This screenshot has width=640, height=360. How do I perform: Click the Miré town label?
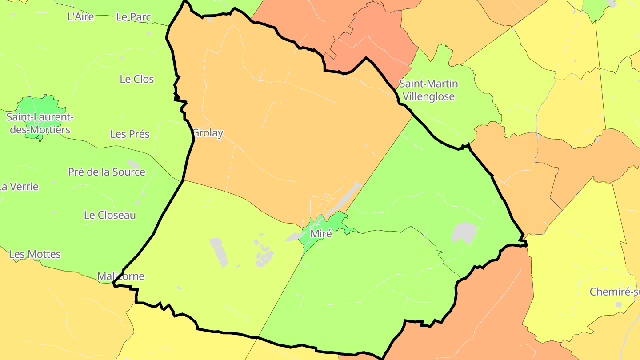pyautogui.click(x=321, y=234)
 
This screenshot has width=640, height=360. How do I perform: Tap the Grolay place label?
pyautogui.click(x=208, y=133)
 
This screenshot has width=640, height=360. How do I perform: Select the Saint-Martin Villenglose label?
pyautogui.click(x=428, y=90)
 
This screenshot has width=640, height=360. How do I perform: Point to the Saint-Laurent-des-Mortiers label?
pyautogui.click(x=40, y=124)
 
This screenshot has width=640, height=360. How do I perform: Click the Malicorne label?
pyautogui.click(x=121, y=276)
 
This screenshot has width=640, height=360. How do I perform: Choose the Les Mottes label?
pyautogui.click(x=35, y=254)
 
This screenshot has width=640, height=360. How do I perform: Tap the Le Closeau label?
pyautogui.click(x=110, y=215)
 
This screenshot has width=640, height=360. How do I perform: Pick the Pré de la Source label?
pyautogui.click(x=107, y=172)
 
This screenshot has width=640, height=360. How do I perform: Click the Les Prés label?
pyautogui.click(x=130, y=134)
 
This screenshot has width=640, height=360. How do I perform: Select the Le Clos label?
pyautogui.click(x=137, y=79)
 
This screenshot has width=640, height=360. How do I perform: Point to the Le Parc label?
pyautogui.click(x=133, y=17)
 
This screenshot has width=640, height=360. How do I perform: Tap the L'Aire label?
pyautogui.click(x=80, y=17)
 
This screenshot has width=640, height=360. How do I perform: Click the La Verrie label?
pyautogui.click(x=20, y=187)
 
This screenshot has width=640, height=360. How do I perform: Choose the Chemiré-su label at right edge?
pyautogui.click(x=615, y=292)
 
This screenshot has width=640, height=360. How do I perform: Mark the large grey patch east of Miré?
pyautogui.click(x=464, y=232)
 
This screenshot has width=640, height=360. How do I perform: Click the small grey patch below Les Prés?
pyautogui.click(x=133, y=163)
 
